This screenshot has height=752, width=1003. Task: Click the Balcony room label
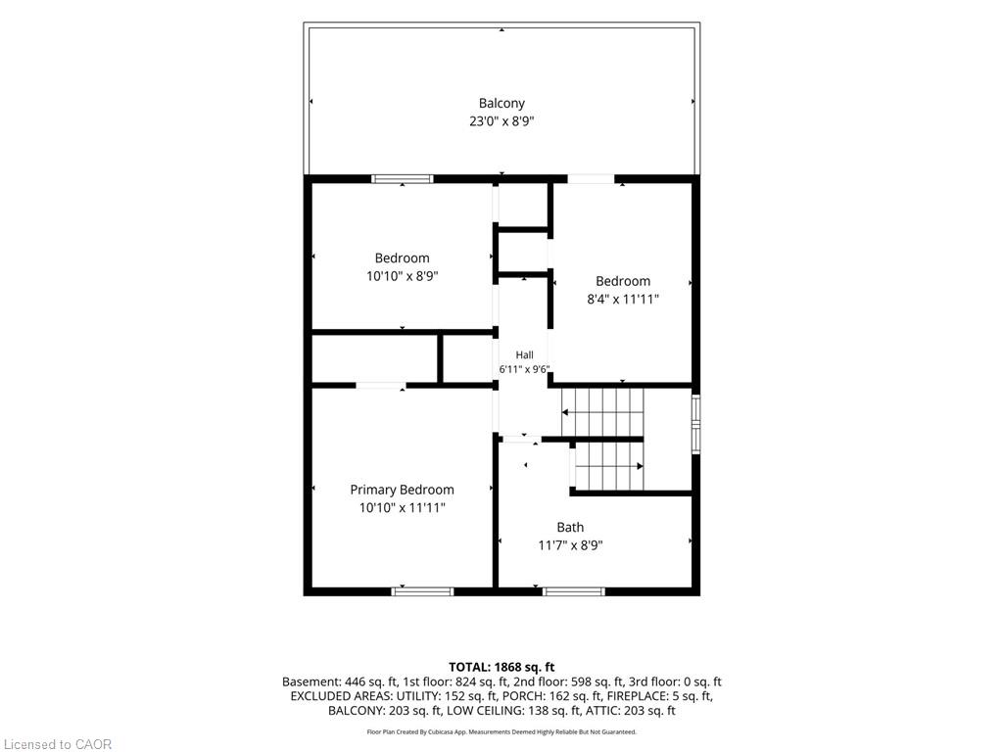click(x=501, y=104)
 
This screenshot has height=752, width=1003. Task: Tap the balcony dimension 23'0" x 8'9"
click(x=501, y=121)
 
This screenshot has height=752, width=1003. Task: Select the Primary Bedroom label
click(x=402, y=490)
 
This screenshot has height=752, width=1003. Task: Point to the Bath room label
click(x=570, y=527)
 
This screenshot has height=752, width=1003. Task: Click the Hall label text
click(x=525, y=354)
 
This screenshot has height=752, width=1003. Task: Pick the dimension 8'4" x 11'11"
click(x=623, y=299)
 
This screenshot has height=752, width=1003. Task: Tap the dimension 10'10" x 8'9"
click(x=403, y=276)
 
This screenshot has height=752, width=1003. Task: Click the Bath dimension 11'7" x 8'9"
click(x=571, y=545)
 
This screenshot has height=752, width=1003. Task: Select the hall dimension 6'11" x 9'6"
click(x=525, y=369)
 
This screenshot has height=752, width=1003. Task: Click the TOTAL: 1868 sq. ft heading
click(x=501, y=667)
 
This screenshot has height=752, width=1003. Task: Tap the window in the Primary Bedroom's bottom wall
click(x=422, y=591)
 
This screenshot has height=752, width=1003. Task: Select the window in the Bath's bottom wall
click(x=574, y=591)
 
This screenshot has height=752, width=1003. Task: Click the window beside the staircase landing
click(x=696, y=424)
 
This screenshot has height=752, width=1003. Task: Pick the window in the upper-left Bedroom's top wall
click(x=403, y=179)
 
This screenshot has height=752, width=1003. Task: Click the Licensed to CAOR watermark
click(x=58, y=744)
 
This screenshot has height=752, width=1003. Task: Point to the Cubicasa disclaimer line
click(x=501, y=732)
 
